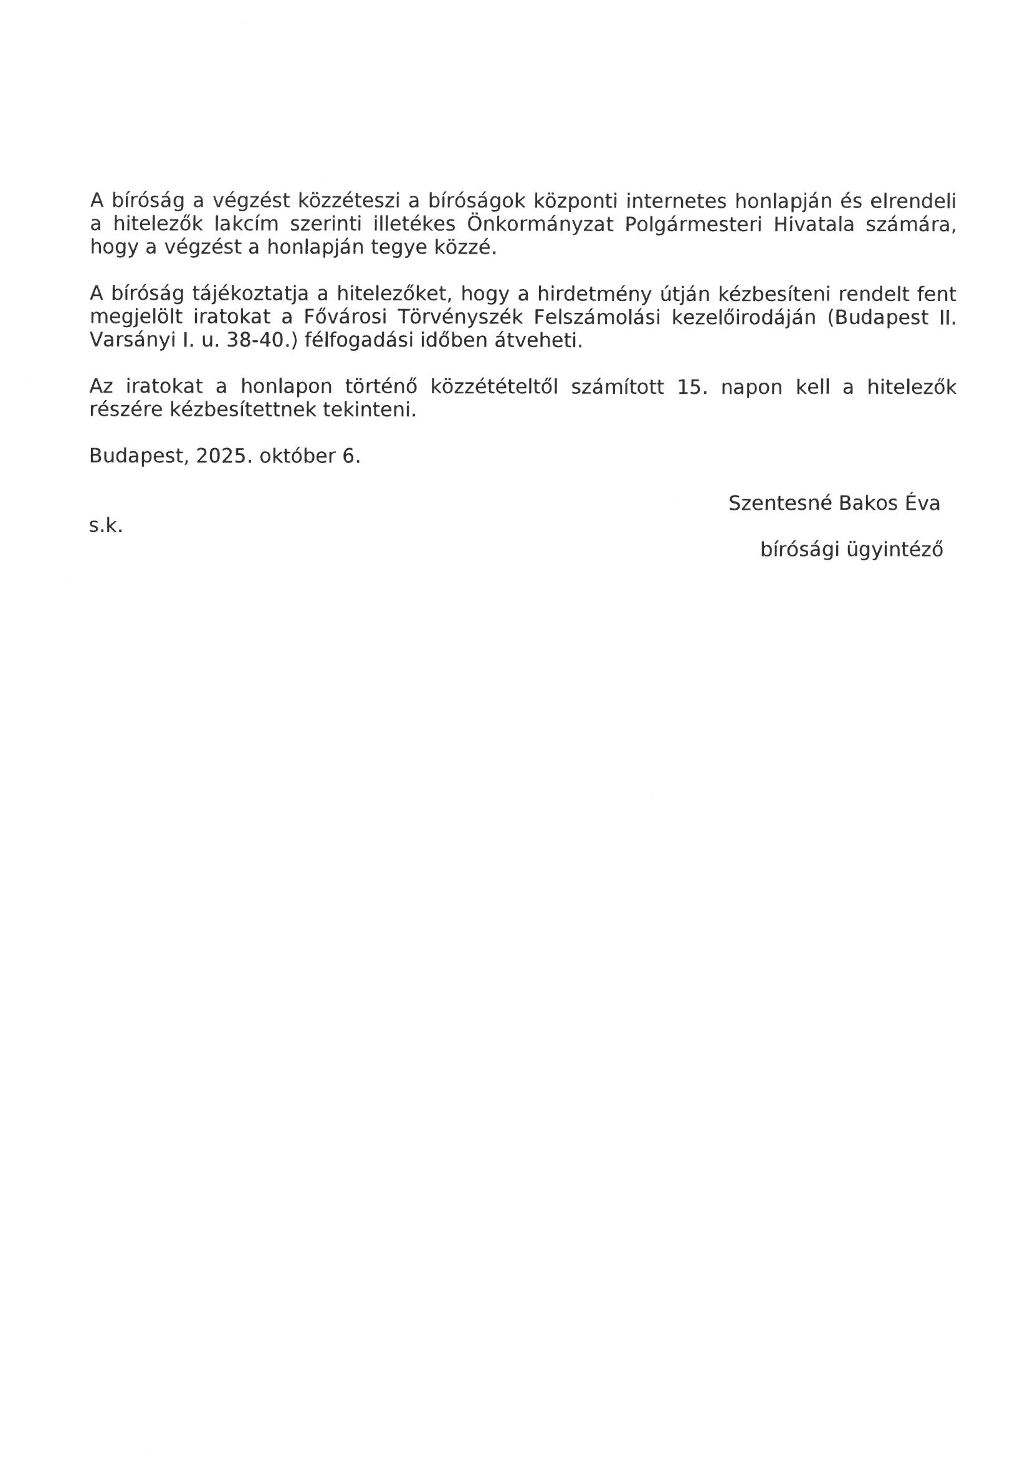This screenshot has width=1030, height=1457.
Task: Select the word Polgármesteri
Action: (x=693, y=224)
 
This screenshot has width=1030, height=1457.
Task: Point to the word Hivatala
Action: (x=814, y=224)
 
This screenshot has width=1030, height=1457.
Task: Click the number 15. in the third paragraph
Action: (x=691, y=387)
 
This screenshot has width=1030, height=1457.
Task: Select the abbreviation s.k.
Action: (x=105, y=525)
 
